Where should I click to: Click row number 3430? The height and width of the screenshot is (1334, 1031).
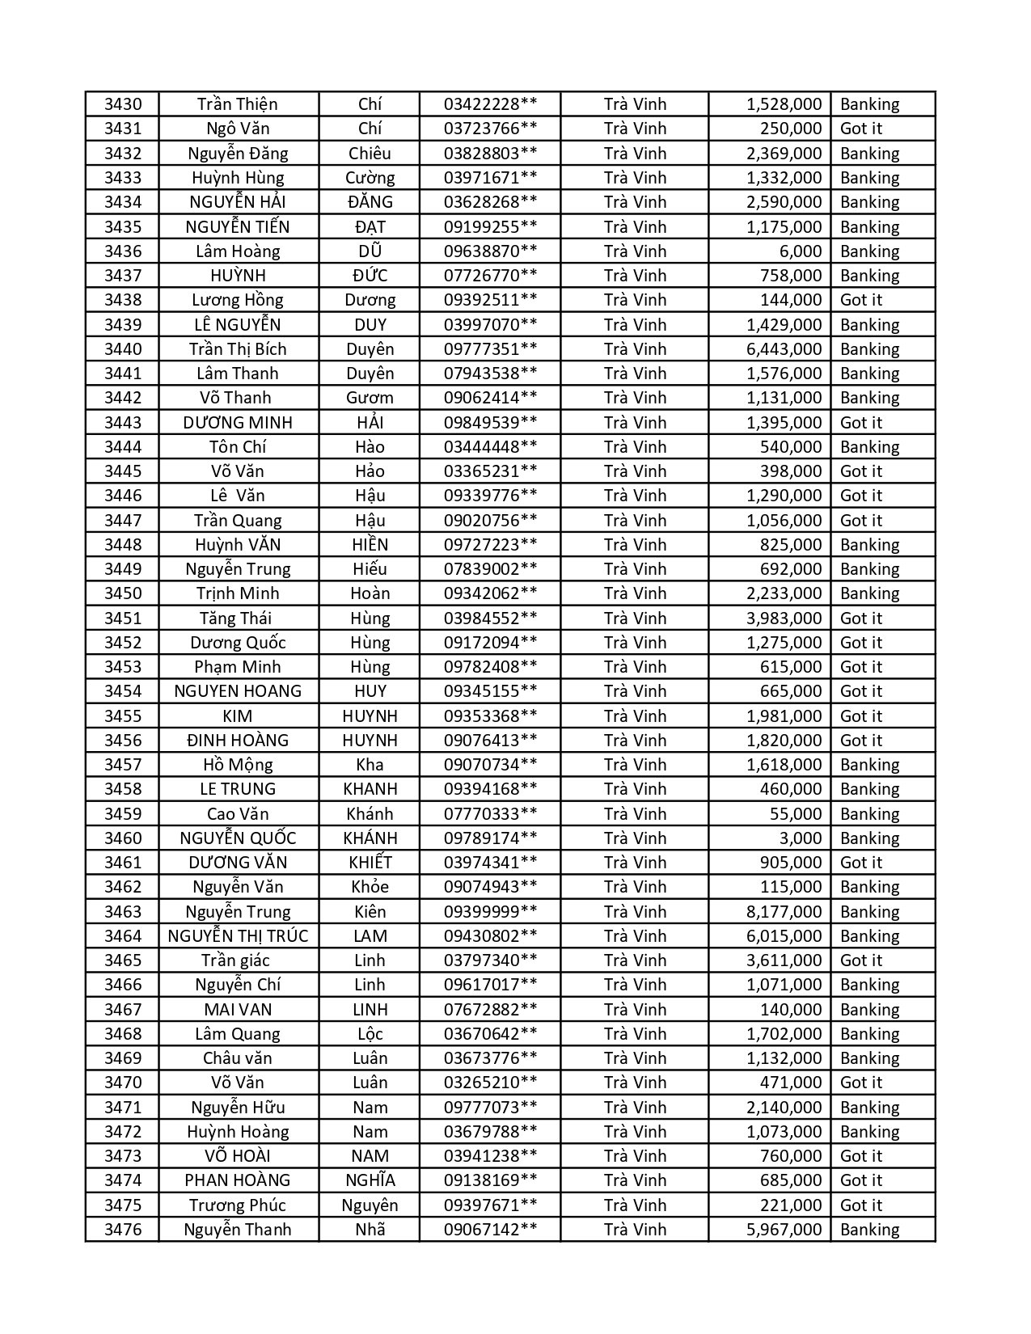click(x=123, y=104)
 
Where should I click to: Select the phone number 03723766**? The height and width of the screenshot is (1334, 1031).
click(x=490, y=129)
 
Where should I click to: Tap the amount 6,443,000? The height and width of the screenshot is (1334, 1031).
click(x=784, y=349)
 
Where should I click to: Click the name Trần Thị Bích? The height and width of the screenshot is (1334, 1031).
click(x=238, y=349)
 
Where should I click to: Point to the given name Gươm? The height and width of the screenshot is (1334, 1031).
click(x=370, y=398)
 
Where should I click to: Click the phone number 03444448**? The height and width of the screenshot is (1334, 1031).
click(x=490, y=447)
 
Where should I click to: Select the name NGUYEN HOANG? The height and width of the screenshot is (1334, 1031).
click(x=238, y=691)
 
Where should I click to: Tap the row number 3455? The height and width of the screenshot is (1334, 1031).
click(x=123, y=716)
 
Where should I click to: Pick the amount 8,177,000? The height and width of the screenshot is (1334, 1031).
click(x=784, y=912)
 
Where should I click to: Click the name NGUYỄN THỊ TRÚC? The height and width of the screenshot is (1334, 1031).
click(x=238, y=936)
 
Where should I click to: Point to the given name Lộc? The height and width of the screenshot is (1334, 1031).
click(x=370, y=1034)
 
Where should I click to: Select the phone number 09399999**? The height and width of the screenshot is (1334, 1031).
click(x=490, y=912)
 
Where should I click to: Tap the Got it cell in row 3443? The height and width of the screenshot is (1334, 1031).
click(x=861, y=423)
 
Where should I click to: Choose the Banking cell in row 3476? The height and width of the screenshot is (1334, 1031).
click(x=869, y=1230)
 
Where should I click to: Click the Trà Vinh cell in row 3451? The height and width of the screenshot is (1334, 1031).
click(x=635, y=618)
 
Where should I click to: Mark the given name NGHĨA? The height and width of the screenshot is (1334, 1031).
click(x=370, y=1180)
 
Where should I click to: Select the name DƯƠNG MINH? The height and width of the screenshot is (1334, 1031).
click(x=238, y=423)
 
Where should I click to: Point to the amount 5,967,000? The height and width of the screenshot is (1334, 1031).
click(x=784, y=1230)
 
